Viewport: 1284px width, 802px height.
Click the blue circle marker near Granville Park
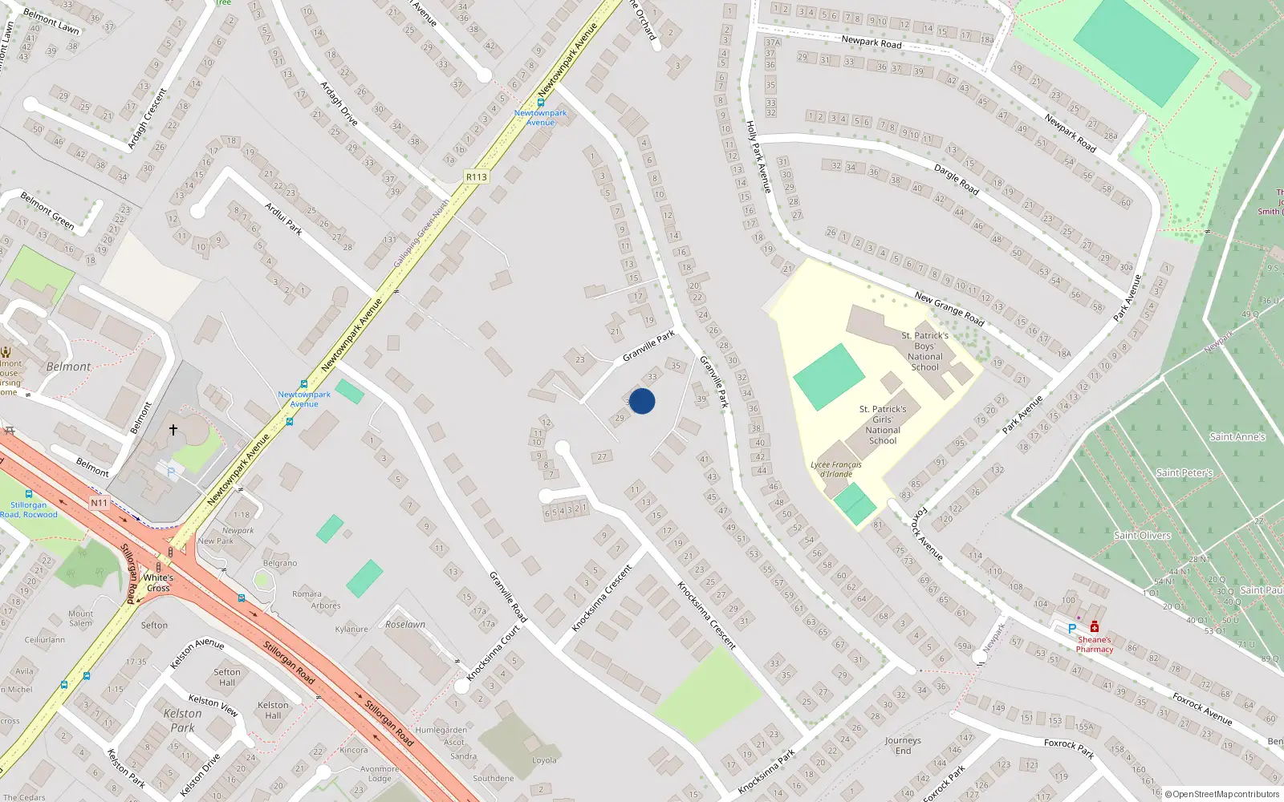pos(642,401)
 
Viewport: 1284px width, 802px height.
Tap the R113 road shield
pos(476,177)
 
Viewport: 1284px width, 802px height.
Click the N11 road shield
pos(99,503)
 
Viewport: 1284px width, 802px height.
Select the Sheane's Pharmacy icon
pos(1094,627)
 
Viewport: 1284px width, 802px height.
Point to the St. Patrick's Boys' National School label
pos(924,351)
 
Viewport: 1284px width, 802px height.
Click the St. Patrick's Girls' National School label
pos(883,424)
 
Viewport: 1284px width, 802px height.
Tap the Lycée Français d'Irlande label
pos(835,469)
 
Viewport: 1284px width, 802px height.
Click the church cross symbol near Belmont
pos(173,430)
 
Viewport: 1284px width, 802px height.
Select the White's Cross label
pos(158,582)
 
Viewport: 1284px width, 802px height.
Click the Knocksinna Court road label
pos(494,653)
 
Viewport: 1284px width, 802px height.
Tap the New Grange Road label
pos(949,308)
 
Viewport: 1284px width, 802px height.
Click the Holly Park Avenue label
pos(758,156)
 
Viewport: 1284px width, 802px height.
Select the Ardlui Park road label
pos(284,219)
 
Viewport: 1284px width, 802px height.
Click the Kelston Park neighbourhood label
pos(182,720)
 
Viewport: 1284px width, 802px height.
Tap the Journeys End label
pos(903,745)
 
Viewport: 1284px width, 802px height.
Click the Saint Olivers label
pos(1142,535)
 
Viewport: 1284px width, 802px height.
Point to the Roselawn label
pos(405,624)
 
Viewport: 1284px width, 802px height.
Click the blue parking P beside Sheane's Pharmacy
pos(1071,629)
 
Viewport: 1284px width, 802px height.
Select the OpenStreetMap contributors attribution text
pos(1225,794)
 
